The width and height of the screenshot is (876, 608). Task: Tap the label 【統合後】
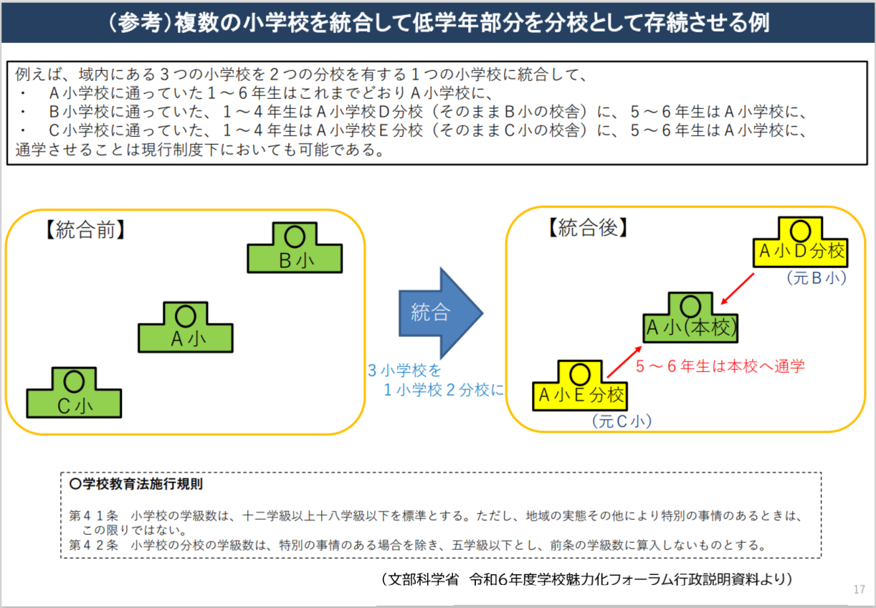point(587,228)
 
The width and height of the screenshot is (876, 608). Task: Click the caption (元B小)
point(816,277)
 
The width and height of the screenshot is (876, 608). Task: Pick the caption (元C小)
point(621,421)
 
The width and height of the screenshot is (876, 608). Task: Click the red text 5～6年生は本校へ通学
point(720,366)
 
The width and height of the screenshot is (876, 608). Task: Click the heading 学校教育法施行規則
point(137,484)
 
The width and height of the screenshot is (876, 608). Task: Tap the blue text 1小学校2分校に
point(444,390)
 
